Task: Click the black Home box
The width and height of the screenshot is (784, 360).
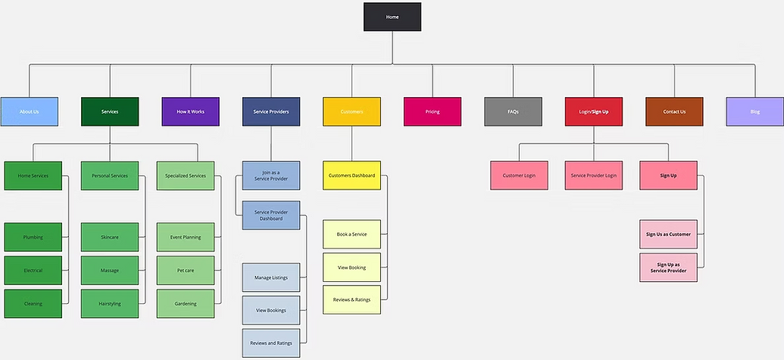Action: pos(392,17)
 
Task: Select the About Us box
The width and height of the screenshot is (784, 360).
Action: pos(30,111)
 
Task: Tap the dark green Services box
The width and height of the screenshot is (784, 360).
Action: pos(110,111)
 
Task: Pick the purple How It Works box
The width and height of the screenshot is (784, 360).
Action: pos(190,111)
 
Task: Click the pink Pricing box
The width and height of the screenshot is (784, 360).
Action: pos(432,111)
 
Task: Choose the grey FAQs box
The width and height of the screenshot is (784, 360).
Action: pos(513,111)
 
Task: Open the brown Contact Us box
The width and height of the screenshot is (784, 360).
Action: pos(673,111)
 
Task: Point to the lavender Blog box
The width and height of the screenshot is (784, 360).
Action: pos(754,111)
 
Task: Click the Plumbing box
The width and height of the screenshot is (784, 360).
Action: pos(33,237)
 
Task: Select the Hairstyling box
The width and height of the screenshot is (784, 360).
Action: pos(110,303)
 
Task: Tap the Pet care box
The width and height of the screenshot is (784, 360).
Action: pos(186,271)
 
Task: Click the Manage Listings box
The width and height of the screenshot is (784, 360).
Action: pos(270,277)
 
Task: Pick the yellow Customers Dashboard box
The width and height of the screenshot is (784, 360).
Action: pos(351,175)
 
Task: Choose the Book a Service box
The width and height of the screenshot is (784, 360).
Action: pos(351,234)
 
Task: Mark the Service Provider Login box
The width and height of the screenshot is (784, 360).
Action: pos(593,175)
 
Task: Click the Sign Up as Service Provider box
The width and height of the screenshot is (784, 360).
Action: pos(668,268)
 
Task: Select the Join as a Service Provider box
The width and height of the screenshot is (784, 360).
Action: pos(270,175)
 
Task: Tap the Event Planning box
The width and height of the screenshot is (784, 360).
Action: pos(186,237)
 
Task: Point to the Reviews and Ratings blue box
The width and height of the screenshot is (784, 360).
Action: pos(270,343)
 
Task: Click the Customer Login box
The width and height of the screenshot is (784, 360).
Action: pos(519,175)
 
